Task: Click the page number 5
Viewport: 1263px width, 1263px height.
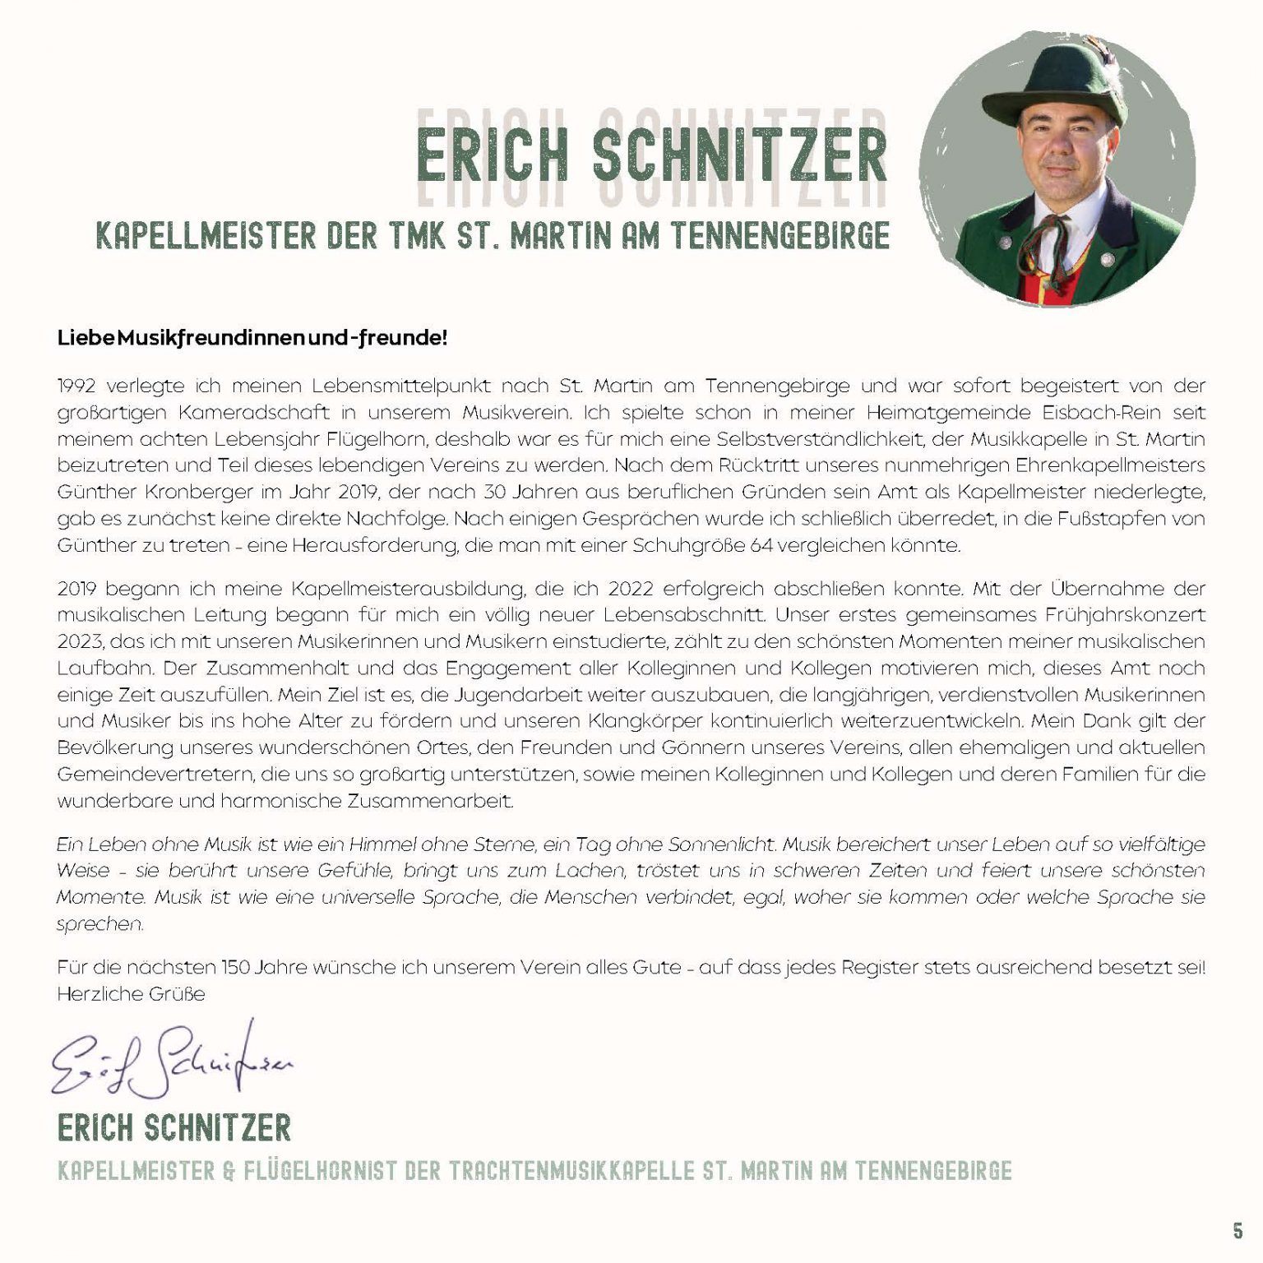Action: [x=1238, y=1231]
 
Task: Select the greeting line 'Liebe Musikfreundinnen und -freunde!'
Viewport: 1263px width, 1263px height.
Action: [x=252, y=338]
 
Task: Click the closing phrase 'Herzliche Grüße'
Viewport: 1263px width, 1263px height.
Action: [x=131, y=994]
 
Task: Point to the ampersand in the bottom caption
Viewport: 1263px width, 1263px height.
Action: [x=229, y=1171]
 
